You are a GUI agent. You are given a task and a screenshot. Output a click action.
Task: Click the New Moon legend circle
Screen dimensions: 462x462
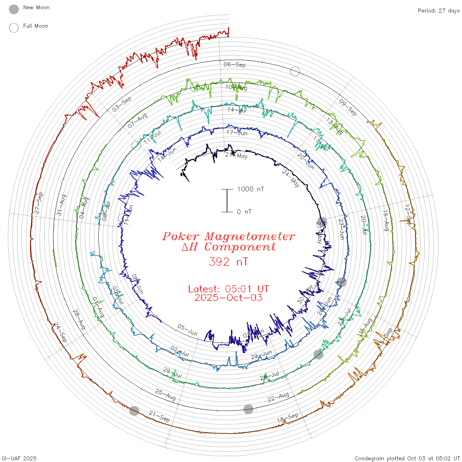[x=14, y=10]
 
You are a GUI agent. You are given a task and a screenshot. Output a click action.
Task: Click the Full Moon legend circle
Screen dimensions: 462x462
[x=14, y=28]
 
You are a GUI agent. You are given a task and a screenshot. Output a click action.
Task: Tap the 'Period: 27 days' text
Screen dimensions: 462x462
[x=439, y=11]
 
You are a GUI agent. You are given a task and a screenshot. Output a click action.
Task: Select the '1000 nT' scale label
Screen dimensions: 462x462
[x=250, y=189]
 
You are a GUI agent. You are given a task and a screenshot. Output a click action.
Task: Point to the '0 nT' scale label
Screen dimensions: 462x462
[x=244, y=212]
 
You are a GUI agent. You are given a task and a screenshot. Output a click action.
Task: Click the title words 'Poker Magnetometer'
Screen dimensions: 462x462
[x=228, y=236]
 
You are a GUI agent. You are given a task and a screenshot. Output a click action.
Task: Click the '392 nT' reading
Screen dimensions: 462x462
[x=228, y=262]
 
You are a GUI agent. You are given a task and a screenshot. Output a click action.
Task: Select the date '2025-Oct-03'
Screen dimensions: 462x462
[x=228, y=298]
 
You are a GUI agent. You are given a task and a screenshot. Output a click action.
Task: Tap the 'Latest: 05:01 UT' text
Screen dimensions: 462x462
[x=228, y=289]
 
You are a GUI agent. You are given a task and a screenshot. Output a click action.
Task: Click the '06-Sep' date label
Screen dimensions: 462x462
[x=235, y=64]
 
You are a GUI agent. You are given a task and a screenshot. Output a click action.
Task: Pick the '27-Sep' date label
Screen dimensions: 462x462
[x=39, y=203]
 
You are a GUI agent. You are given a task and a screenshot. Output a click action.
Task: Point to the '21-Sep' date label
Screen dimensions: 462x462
[x=159, y=416]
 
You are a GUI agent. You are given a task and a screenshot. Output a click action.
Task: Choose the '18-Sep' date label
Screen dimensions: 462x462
[x=287, y=418]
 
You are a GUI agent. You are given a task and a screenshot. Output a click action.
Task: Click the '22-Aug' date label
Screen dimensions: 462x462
[x=278, y=397]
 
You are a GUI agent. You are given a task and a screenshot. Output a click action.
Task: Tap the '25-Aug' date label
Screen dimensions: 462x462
[x=165, y=394]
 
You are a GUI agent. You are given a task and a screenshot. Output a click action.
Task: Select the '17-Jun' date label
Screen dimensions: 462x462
[x=237, y=133]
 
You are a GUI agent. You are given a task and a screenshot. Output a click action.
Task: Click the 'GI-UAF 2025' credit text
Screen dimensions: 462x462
[x=19, y=458]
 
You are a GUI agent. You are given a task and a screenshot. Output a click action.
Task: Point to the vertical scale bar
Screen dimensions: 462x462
[x=227, y=200]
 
